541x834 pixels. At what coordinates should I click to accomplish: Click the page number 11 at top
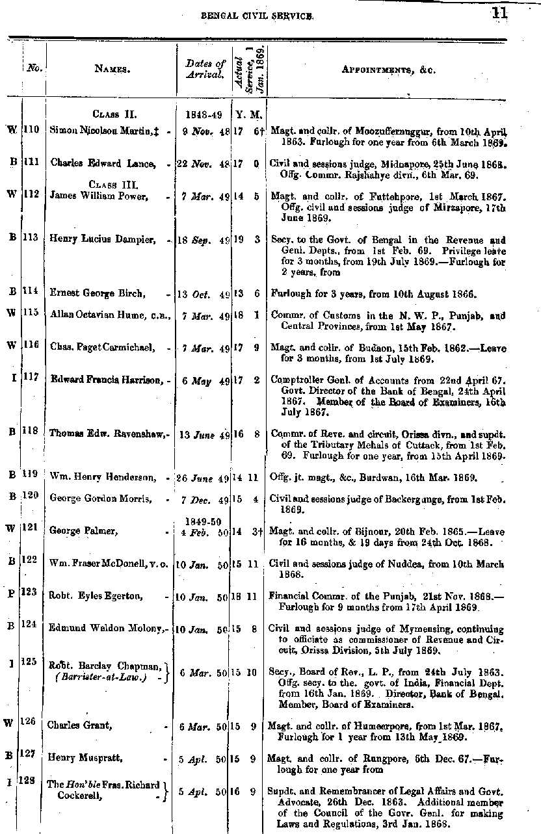point(499,13)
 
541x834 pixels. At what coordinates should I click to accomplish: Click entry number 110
point(31,130)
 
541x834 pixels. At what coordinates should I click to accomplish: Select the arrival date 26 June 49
point(204,478)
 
